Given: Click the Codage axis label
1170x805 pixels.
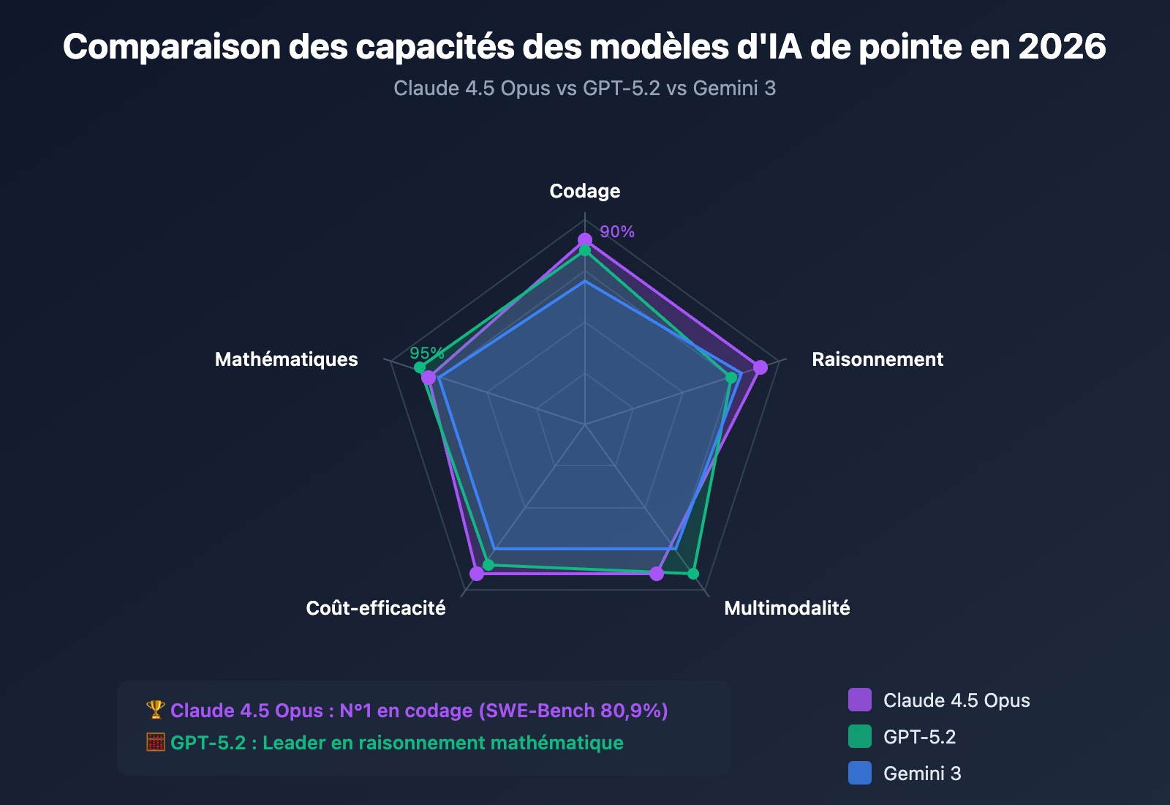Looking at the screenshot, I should point(584,191).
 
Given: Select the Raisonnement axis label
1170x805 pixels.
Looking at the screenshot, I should point(877,359).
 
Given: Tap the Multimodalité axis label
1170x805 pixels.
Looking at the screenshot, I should point(787,608).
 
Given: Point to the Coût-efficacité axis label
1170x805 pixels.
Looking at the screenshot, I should point(375,608).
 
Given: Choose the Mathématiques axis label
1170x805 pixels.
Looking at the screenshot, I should point(286,359).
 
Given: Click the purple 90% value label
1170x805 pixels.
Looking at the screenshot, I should point(617,232).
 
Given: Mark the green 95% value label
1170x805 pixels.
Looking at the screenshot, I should point(426,353).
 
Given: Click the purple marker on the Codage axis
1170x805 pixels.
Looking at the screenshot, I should point(584,240).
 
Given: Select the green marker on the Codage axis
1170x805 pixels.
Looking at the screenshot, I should point(584,251).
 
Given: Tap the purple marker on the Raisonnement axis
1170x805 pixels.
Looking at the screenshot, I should point(760,367).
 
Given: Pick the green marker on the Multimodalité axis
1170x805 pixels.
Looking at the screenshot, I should point(693,573).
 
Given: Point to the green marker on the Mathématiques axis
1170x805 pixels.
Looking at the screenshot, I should point(419,367).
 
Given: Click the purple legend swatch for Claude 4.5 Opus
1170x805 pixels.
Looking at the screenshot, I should point(859,700).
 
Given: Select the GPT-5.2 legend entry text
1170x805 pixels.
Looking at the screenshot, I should point(919,737).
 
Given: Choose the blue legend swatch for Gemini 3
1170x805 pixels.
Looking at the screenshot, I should point(859,773).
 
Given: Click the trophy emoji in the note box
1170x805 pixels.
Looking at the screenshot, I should point(156,710).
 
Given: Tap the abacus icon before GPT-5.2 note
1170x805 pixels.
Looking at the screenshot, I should point(156,742).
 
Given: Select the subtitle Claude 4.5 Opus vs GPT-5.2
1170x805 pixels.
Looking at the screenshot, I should point(526,89).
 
